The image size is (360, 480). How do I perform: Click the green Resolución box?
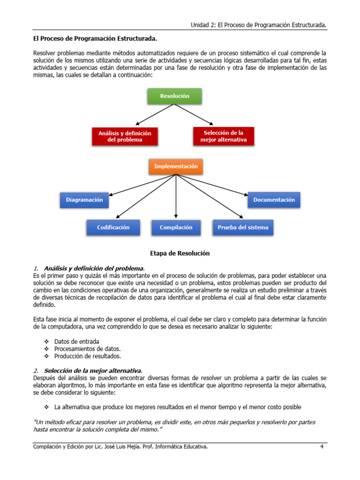point(175,96)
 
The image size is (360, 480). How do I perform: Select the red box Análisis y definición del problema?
point(125,136)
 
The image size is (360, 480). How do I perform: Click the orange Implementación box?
point(176,166)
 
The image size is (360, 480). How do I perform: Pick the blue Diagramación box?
point(84,200)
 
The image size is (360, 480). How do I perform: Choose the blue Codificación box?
point(113,227)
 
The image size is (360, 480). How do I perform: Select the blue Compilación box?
point(176,227)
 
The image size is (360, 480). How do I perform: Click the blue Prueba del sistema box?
point(243,227)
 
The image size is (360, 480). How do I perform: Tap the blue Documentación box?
point(274,200)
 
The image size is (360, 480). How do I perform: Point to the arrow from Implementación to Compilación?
point(176,197)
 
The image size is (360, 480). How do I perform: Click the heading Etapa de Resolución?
point(180,254)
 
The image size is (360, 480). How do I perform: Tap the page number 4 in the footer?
point(322,447)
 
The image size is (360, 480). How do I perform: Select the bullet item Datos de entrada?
point(76,341)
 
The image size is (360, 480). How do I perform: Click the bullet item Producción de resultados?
point(84,356)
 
